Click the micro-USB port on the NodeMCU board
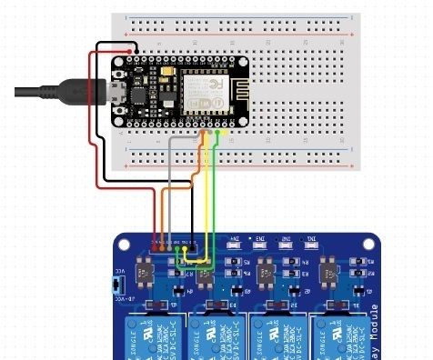point(117,90)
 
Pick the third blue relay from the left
point(275,336)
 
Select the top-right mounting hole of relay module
point(369,245)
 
